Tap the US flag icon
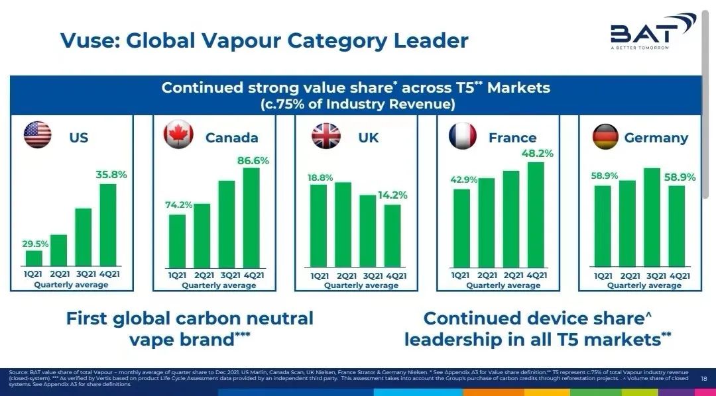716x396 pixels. coord(37,134)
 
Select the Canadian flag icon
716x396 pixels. coord(178,134)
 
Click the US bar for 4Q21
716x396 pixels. coord(108,224)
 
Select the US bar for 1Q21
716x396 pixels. coord(34,258)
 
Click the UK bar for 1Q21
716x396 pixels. coord(318,226)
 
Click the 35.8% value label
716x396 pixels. coord(111,175)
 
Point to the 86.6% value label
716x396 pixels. coord(253,160)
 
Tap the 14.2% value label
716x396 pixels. coord(392,195)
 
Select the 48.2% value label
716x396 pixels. coord(536,154)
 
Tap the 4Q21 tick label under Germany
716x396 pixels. coord(677,275)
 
